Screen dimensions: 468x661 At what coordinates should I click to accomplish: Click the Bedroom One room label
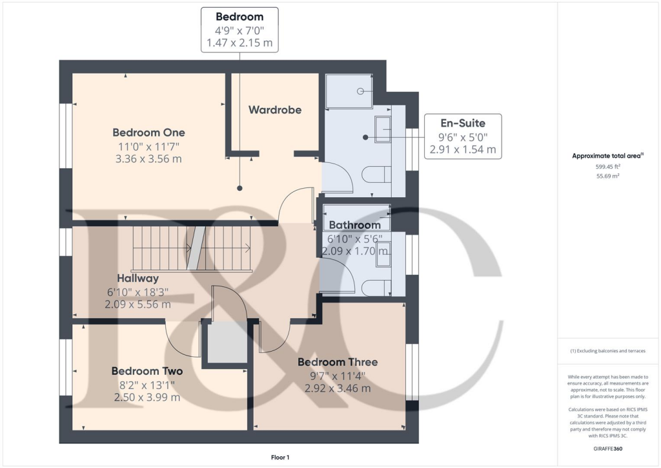(x=148, y=133)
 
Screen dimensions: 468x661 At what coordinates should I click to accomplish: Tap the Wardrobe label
(x=275, y=110)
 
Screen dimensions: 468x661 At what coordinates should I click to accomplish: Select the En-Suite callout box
(x=462, y=136)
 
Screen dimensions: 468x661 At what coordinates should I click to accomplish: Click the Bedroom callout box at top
(x=239, y=29)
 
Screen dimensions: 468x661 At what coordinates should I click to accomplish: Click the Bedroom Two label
(x=147, y=371)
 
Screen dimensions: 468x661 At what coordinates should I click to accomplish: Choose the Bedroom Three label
(x=337, y=362)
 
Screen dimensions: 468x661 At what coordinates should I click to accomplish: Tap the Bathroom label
(x=354, y=225)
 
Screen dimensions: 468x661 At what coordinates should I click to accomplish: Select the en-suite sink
(x=382, y=130)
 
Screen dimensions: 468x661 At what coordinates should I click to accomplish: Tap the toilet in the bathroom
(x=377, y=287)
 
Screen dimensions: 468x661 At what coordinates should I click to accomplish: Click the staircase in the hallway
(x=192, y=249)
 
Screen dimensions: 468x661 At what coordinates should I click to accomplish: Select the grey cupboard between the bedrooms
(x=225, y=343)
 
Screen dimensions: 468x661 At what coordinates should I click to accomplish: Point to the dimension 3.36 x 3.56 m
(x=148, y=158)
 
